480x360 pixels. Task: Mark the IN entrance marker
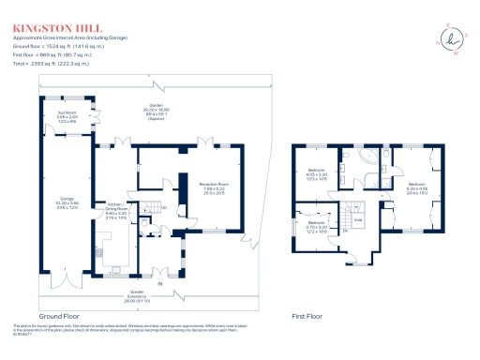tap(158, 282)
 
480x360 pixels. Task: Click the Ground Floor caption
tap(58, 317)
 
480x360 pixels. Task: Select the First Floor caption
tap(308, 317)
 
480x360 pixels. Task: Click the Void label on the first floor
tap(382, 221)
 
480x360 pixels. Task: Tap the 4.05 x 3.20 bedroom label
tap(315, 175)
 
